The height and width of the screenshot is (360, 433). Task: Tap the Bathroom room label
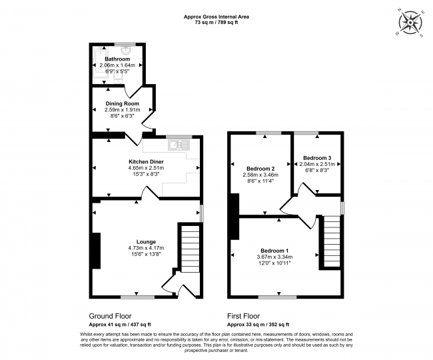[117, 59]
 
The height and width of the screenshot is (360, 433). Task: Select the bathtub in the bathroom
[100, 63]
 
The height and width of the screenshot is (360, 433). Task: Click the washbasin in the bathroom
[126, 50]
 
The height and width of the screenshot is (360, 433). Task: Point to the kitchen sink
[179, 145]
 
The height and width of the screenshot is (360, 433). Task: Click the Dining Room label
[122, 103]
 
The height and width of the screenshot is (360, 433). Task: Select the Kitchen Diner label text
[146, 161]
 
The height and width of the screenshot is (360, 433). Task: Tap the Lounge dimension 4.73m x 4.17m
[146, 248]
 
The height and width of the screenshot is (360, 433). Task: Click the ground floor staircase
[190, 249]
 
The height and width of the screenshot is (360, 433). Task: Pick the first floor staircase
[331, 241]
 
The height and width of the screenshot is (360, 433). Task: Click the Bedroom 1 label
[274, 251]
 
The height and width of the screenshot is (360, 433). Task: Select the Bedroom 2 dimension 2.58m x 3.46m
[260, 175]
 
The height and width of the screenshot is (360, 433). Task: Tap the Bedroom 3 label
[317, 158]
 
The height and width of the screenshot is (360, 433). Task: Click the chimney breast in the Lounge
[96, 251]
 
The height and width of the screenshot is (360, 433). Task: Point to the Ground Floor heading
[110, 316]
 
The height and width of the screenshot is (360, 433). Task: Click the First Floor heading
[244, 316]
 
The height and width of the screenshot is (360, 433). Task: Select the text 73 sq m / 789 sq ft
[217, 23]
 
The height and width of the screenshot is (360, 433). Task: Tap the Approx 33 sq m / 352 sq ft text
[258, 325]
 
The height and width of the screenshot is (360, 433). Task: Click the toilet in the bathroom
[118, 79]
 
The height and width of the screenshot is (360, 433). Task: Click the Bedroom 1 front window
[278, 297]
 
